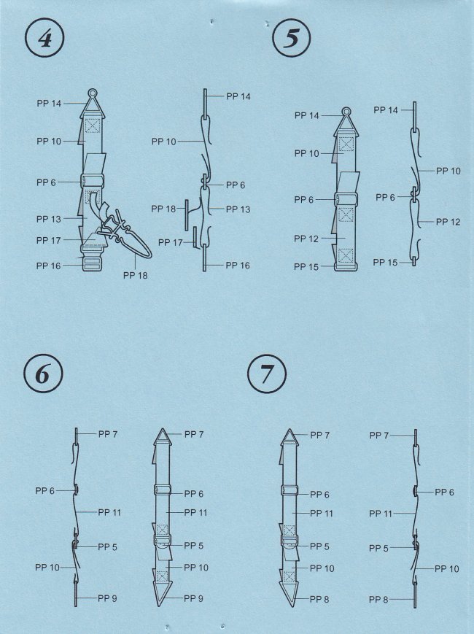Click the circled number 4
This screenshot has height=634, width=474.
coord(45,39)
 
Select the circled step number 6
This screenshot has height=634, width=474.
coord(43,374)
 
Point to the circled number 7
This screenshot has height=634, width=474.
coord(267,374)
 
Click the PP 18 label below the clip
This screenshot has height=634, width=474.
coord(136,275)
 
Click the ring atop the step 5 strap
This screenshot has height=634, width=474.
coord(346,111)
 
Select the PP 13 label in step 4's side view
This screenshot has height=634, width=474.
coord(238,209)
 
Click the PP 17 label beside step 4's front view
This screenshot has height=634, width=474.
coord(48,240)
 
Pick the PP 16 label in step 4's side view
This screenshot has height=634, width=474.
coord(238,266)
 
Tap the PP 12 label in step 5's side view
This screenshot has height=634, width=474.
coord(448,222)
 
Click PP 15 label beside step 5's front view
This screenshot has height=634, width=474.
coord(306,266)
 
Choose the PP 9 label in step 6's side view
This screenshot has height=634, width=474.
coord(107,598)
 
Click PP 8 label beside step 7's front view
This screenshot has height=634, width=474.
coord(319,599)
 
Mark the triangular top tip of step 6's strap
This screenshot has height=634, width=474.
coord(163,430)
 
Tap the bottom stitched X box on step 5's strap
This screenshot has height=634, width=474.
coord(346,255)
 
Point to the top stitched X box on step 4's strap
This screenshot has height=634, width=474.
coord(93,126)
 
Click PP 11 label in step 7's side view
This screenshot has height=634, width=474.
coord(381,514)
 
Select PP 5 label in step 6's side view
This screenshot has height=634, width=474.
coord(107,546)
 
